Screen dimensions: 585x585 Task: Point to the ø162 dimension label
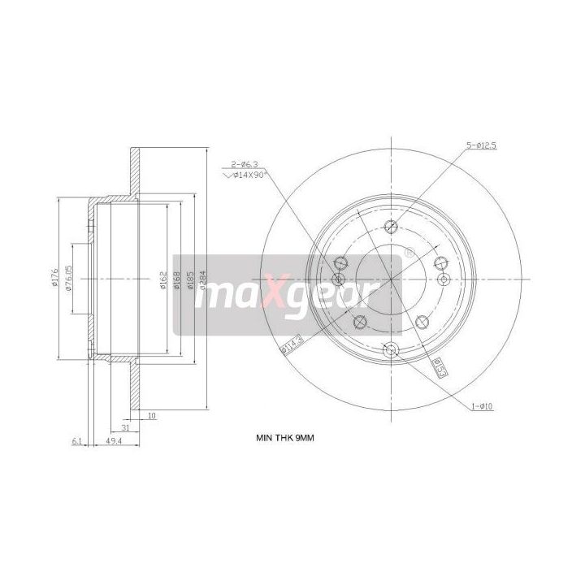(162, 280)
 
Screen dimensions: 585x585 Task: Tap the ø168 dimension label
(177, 280)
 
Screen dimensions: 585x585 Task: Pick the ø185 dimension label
(189, 280)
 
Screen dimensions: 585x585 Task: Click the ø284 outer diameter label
(201, 280)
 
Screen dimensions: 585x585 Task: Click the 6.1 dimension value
(78, 442)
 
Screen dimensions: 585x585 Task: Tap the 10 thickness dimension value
(152, 416)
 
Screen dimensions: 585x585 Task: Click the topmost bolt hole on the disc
(390, 227)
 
